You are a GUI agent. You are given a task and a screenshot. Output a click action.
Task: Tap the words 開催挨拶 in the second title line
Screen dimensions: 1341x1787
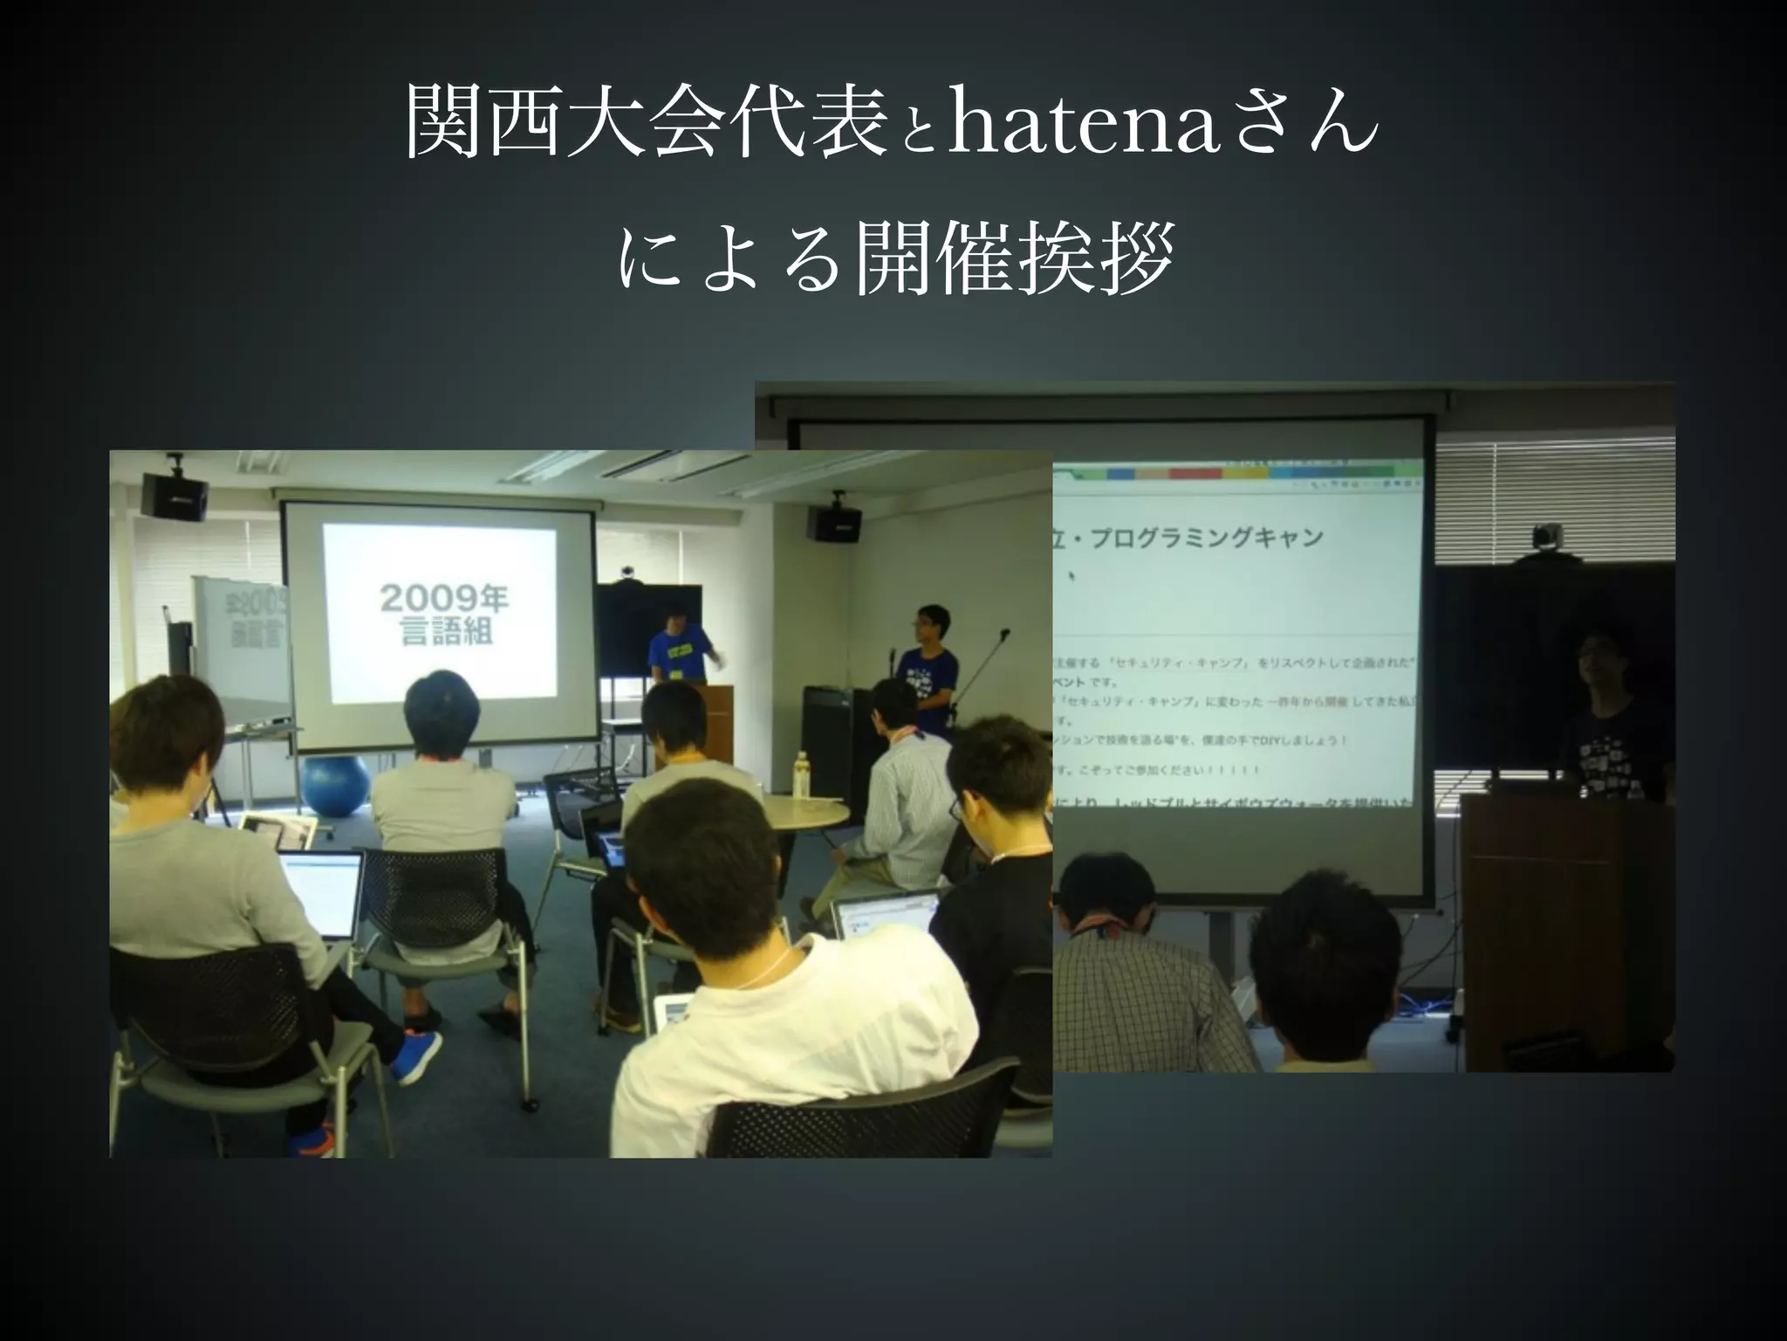coord(1011,258)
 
